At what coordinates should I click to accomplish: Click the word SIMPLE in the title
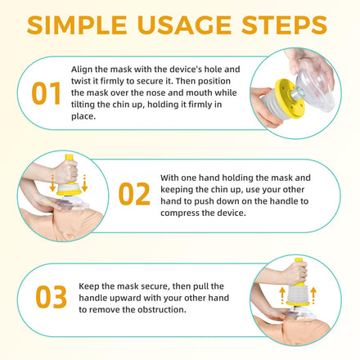[77, 25]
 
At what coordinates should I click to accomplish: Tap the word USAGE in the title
[185, 25]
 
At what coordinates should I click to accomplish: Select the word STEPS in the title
[285, 25]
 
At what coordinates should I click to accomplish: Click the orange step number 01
[46, 93]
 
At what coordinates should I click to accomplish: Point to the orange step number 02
[134, 194]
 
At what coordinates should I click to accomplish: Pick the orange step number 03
[51, 297]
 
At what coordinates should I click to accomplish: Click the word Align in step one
[82, 70]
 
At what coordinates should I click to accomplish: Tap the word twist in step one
[80, 81]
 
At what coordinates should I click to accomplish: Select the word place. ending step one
[83, 117]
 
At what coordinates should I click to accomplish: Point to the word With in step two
[169, 178]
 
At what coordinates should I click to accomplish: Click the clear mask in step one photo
[317, 88]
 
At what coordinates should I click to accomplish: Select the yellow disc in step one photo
[288, 98]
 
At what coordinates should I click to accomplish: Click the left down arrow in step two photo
[52, 182]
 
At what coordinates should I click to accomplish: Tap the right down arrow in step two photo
[84, 182]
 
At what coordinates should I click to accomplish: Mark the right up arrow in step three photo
[313, 295]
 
